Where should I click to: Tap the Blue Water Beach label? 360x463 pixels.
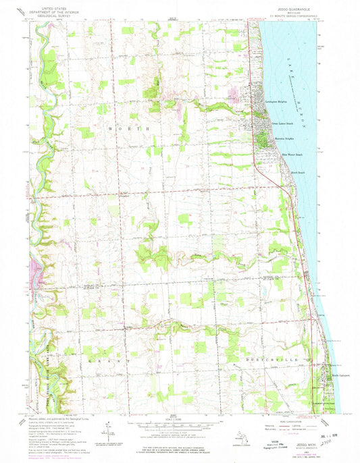pos(283,153)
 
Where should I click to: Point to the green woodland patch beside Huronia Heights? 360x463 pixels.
pos(260,139)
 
